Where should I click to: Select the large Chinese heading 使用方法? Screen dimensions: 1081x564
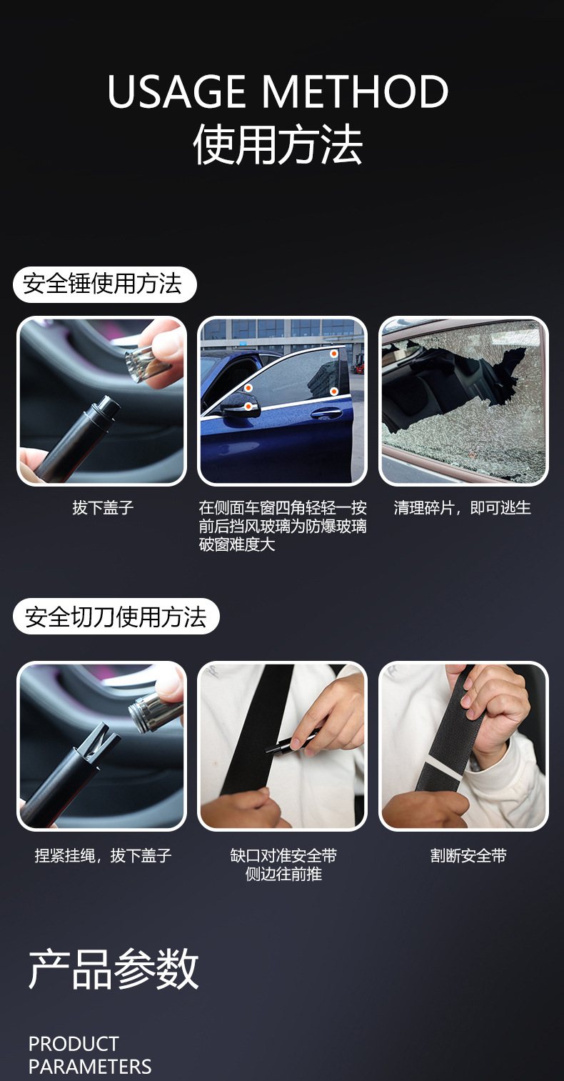point(278,145)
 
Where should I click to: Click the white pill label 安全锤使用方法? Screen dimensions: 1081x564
point(104,284)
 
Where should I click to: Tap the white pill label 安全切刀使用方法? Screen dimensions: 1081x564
point(116,617)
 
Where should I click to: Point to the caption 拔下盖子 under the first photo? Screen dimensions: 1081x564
point(103,508)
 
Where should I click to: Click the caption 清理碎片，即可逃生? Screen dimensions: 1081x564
point(463,508)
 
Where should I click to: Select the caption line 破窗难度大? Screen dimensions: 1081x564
point(237,544)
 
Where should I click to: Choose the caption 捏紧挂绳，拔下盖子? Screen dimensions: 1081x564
point(103,855)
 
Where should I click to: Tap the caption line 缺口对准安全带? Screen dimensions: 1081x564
point(283,855)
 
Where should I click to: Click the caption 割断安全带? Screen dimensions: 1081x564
point(468,855)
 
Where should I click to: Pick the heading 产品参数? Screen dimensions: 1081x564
point(114,970)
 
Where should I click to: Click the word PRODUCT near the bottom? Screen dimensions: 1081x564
point(74,1044)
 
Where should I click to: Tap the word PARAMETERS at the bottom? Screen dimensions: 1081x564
point(90,1067)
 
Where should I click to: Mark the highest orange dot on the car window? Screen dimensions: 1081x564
point(333,354)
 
